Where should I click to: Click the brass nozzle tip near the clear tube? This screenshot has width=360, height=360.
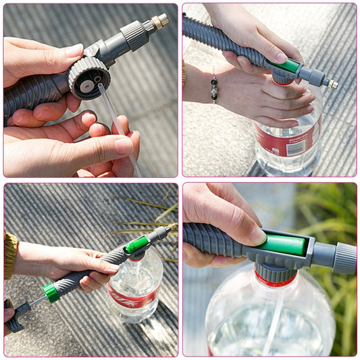point(161,20)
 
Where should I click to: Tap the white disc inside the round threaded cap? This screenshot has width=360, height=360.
point(88,84)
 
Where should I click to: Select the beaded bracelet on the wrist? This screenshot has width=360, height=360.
point(214,88)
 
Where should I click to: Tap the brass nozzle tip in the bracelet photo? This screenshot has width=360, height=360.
point(331,84)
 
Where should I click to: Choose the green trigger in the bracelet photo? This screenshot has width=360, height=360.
point(288,66)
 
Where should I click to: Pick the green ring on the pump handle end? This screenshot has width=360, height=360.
point(51,292)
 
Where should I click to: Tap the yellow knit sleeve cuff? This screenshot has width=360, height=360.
point(10,255)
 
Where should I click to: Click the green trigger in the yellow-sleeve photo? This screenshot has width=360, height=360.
point(136,244)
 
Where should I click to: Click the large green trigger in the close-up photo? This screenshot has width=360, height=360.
point(283,244)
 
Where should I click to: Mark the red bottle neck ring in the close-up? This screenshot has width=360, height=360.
point(275,278)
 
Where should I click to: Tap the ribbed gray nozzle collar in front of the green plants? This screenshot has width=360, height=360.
point(344,257)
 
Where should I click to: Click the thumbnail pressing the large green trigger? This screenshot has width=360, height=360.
point(257,235)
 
